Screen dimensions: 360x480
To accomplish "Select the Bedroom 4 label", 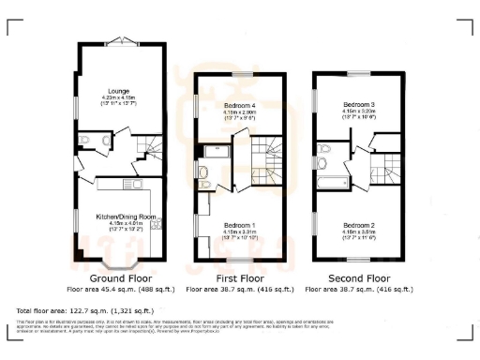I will [243, 105].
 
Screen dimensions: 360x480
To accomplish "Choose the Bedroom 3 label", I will [359, 105].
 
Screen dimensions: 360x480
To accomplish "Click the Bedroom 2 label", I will [359, 225].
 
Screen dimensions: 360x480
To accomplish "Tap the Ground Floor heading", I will [122, 278].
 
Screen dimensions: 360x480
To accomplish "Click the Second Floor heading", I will [360, 278].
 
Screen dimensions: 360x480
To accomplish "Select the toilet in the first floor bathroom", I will [204, 172].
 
